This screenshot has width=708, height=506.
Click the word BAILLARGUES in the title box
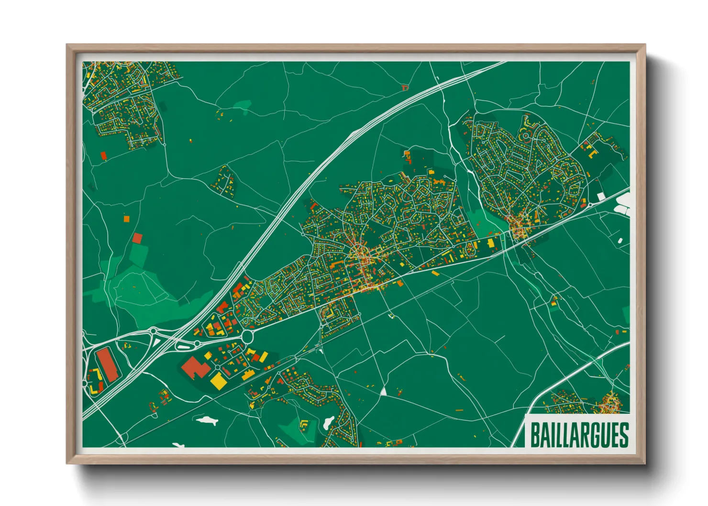579,435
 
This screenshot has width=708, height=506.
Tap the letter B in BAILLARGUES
535,435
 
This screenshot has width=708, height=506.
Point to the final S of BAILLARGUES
623,435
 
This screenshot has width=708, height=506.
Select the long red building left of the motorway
107,365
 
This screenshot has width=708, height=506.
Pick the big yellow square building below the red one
219,381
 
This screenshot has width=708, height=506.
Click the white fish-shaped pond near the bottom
207,420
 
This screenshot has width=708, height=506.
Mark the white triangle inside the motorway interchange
157,342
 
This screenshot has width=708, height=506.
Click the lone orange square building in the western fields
127,219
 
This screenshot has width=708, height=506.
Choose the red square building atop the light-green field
137,238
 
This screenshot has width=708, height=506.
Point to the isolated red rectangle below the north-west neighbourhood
103,155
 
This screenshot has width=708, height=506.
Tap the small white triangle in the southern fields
383,392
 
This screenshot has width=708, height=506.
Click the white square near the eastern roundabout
601,196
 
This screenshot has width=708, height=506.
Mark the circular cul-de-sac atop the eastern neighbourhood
525,136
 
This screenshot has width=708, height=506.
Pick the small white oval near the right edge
620,241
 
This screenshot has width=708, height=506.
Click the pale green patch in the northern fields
243,105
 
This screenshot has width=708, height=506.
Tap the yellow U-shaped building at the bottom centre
303,423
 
